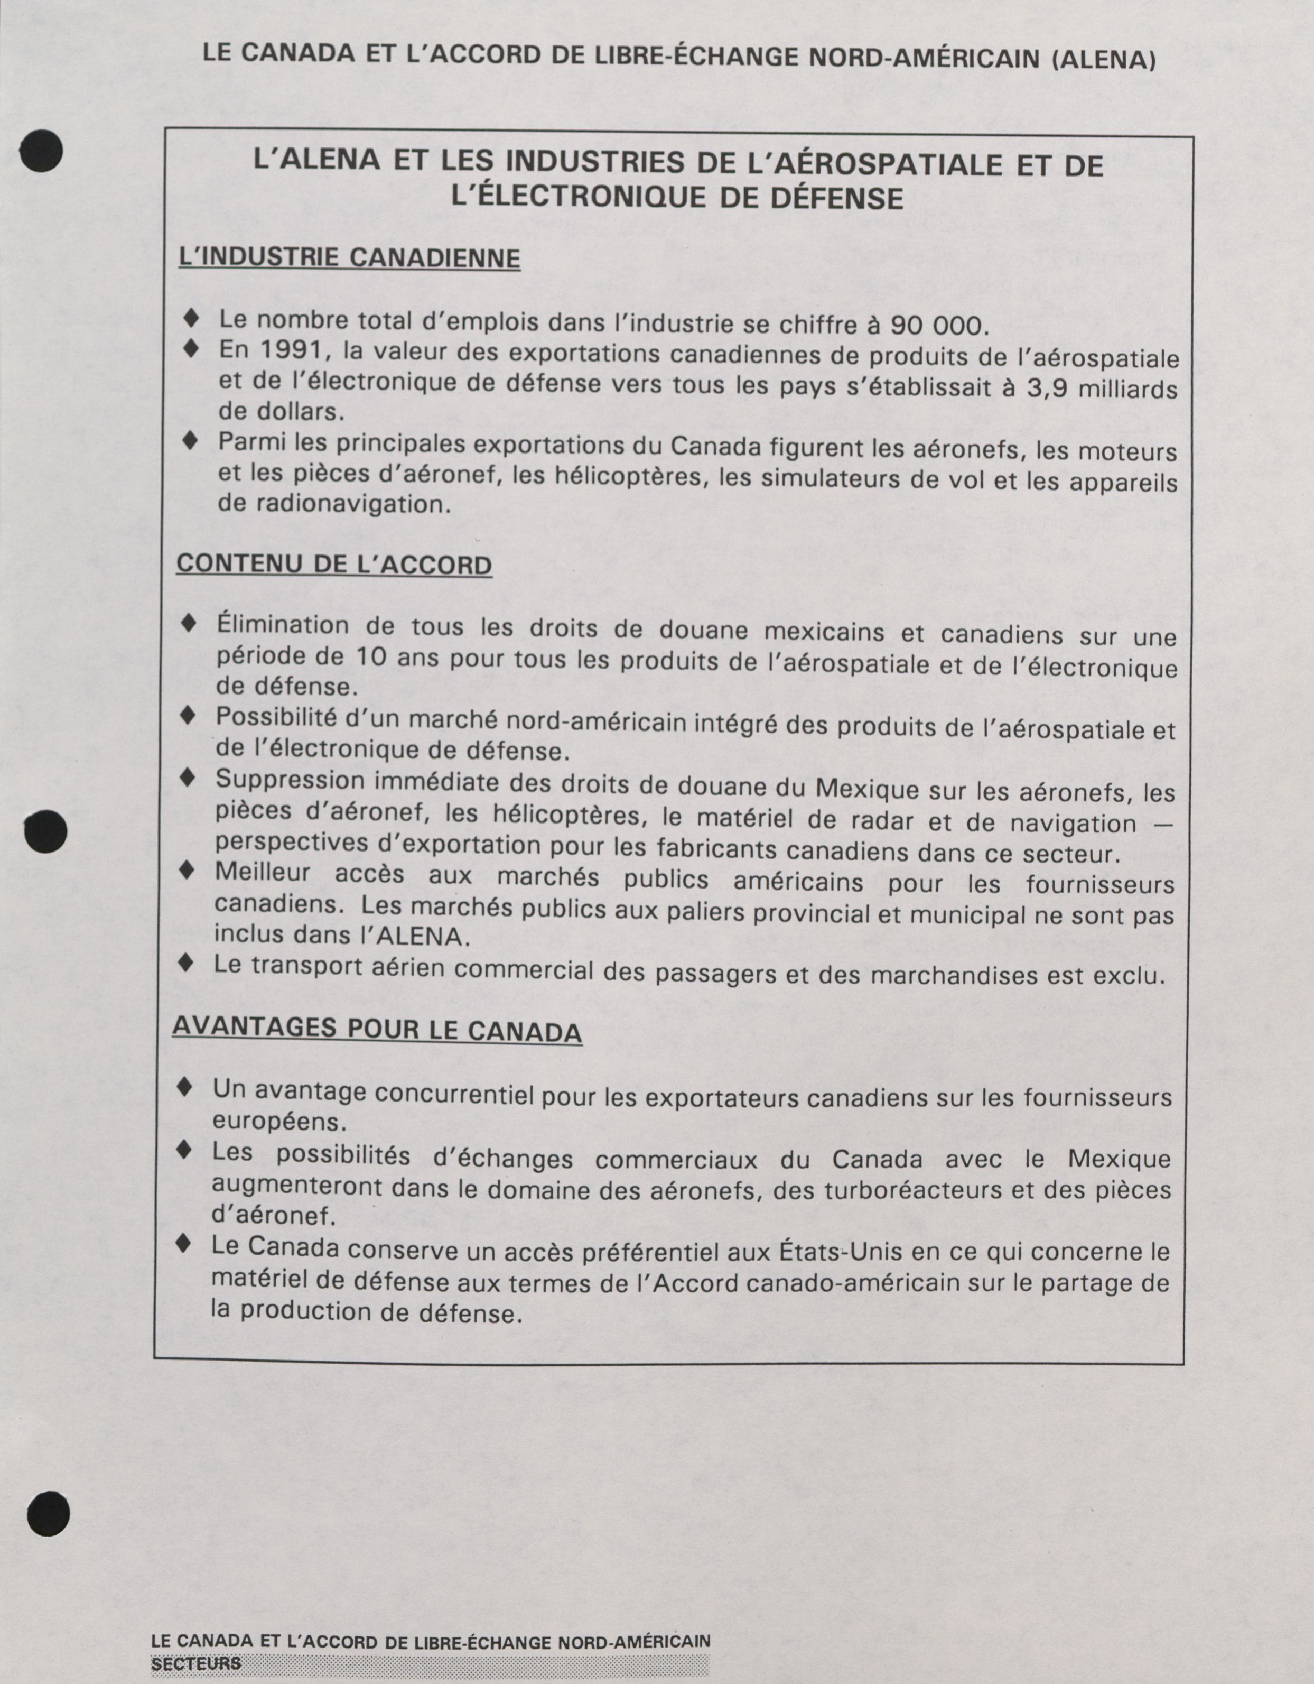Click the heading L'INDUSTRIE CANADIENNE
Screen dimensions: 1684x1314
click(x=349, y=257)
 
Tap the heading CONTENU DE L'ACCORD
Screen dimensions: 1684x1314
click(x=334, y=565)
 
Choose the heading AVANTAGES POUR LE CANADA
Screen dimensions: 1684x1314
click(x=377, y=1030)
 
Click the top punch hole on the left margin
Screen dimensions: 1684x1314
click(x=42, y=149)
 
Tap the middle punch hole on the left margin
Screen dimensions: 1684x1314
click(x=45, y=831)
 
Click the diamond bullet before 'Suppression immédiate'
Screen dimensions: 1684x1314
click(x=187, y=779)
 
